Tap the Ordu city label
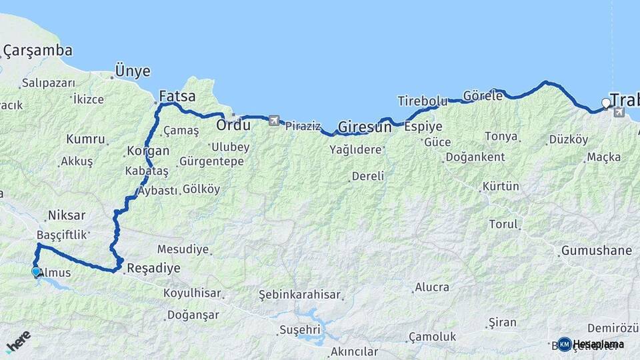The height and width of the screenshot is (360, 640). click(233, 125)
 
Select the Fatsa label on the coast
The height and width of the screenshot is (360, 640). click(177, 96)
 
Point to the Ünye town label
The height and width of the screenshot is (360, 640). click(133, 71)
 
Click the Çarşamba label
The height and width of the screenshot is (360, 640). click(38, 50)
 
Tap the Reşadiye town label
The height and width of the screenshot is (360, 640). click(153, 268)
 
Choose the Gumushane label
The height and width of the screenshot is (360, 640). click(596, 251)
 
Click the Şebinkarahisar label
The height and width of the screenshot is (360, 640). click(300, 295)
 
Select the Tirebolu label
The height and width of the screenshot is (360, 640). click(422, 101)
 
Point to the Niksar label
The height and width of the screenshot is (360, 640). click(67, 215)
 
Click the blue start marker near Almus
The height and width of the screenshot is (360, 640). click(36, 271)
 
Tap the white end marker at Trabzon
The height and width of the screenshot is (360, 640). click(605, 103)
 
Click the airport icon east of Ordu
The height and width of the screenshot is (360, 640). click(275, 121)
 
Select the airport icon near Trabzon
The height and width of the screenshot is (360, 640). click(619, 112)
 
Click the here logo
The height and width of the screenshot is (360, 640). click(18, 340)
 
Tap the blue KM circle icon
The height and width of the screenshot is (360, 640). click(565, 344)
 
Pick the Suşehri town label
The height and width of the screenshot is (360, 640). click(300, 329)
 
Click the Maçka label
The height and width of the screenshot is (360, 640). click(604, 157)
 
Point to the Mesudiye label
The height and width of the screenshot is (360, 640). click(183, 250)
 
